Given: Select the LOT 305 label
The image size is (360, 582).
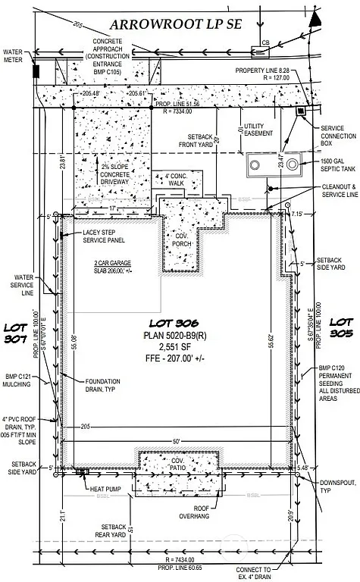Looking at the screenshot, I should point(342,327).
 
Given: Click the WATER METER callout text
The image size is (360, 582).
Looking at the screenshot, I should point(14,55).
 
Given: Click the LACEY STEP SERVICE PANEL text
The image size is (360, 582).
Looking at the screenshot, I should point(94,238).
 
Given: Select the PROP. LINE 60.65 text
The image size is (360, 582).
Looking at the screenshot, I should point(179,568).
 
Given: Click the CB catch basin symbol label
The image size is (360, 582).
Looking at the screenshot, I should point(265,43).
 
